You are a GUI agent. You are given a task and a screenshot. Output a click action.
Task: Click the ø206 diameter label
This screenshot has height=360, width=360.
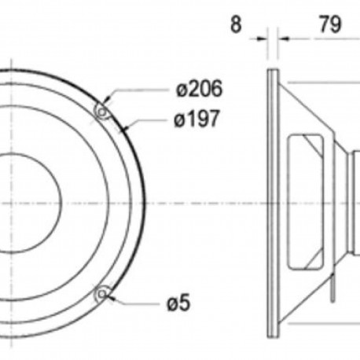[x=199, y=89]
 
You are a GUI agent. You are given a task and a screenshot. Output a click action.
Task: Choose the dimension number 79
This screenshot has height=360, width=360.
[x=329, y=24]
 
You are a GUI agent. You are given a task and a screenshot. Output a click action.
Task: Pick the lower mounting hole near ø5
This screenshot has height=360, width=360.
[x=101, y=294]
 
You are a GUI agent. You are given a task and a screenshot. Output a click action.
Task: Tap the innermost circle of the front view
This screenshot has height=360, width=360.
[x=24, y=202]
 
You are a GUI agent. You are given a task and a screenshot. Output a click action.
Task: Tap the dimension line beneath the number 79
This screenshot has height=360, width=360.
[x=322, y=36]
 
